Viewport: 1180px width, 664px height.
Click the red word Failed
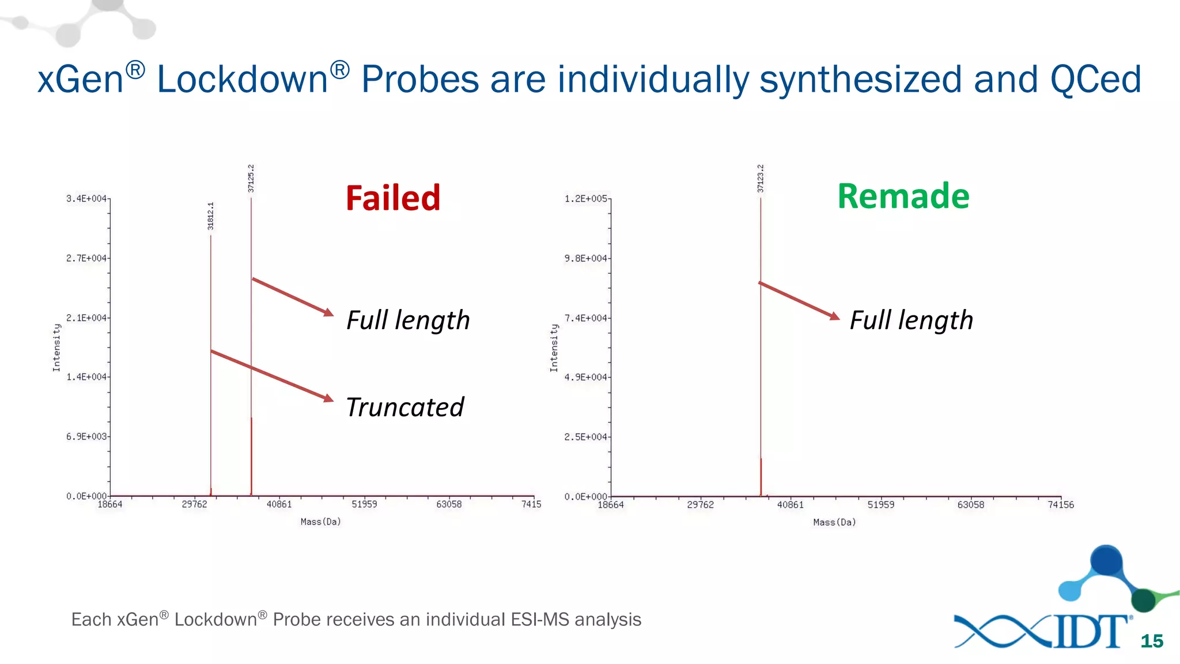tap(393, 198)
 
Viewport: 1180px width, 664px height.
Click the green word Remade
tap(903, 197)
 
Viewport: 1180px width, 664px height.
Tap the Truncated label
tap(404, 408)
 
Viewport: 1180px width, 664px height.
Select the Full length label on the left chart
tap(408, 320)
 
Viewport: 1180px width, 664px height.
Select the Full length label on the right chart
tap(911, 320)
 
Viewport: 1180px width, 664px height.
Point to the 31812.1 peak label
tap(211, 216)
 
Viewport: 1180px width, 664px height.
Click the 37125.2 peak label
tap(251, 179)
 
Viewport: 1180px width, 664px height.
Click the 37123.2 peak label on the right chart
tap(761, 179)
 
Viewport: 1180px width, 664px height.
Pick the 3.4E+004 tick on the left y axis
tap(86, 199)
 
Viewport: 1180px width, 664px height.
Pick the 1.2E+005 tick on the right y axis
tap(585, 199)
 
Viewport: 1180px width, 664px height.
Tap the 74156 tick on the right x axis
tap(1060, 505)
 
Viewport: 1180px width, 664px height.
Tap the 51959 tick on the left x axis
tap(364, 504)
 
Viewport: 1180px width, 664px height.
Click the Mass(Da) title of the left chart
tap(320, 522)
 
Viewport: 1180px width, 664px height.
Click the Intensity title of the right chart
tap(554, 348)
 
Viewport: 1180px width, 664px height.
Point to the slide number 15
tap(1152, 641)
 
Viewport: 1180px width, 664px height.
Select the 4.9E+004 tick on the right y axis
tap(585, 378)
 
